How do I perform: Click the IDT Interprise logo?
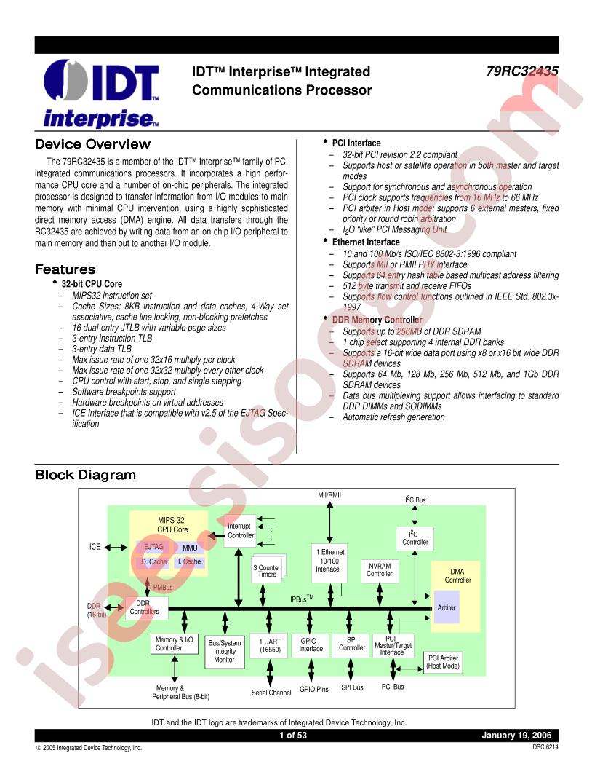click(101, 94)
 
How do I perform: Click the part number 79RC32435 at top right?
click(522, 71)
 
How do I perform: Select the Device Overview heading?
click(92, 144)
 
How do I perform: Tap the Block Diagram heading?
click(85, 475)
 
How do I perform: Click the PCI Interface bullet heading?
click(356, 143)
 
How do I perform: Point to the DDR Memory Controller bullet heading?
click(377, 320)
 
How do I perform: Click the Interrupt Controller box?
click(241, 531)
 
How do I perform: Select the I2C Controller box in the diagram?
click(415, 538)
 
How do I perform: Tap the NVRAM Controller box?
click(380, 571)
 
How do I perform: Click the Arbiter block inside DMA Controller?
click(447, 607)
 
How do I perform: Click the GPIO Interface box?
click(311, 646)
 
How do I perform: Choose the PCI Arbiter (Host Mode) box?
click(443, 663)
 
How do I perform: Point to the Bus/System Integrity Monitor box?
click(224, 652)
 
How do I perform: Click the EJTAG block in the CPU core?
click(153, 547)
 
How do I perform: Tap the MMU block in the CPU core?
click(190, 548)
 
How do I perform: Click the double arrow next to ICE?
click(116, 548)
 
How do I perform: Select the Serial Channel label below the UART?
click(271, 693)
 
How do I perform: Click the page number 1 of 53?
click(293, 736)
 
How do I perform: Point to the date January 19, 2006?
click(516, 736)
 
